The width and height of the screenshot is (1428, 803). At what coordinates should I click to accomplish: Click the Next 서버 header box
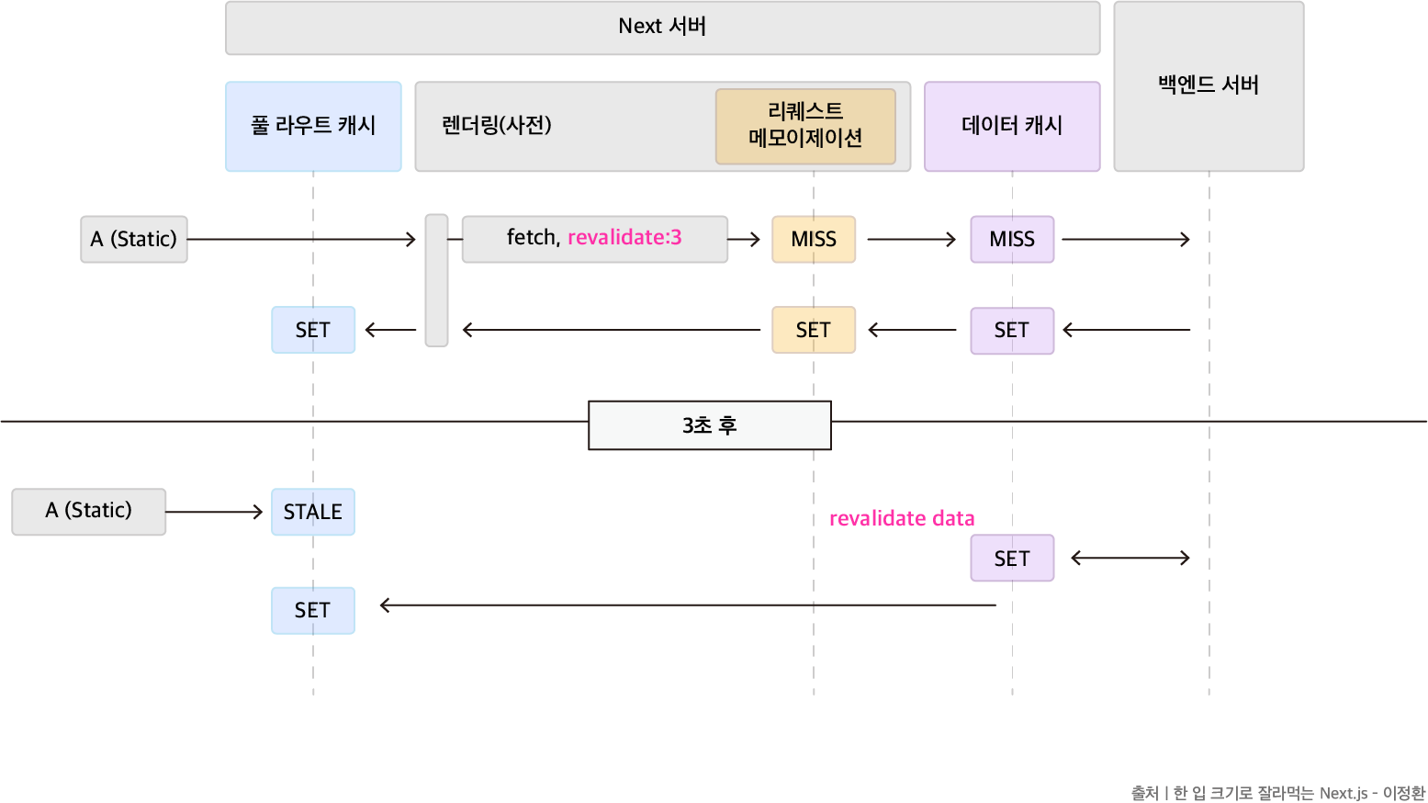click(x=662, y=28)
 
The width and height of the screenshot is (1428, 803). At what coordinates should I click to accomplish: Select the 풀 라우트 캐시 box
click(x=313, y=126)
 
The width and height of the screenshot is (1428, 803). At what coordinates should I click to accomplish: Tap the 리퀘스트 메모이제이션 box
click(x=805, y=126)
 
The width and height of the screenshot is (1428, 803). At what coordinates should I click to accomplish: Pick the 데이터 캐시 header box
click(x=1012, y=126)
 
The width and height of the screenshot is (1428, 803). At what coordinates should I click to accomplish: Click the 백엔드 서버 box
click(x=1209, y=86)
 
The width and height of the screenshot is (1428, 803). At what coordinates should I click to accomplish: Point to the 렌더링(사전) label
click(x=497, y=125)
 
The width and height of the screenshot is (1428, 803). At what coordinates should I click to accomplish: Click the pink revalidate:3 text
click(x=624, y=238)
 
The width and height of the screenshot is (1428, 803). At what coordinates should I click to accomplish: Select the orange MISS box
click(x=814, y=239)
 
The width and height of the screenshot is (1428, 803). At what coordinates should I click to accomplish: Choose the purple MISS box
click(x=1012, y=239)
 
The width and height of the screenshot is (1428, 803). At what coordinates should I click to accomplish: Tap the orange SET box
click(x=814, y=330)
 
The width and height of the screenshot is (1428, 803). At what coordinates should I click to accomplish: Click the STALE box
click(x=313, y=512)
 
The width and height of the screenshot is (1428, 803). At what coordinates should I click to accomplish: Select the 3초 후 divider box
click(x=709, y=425)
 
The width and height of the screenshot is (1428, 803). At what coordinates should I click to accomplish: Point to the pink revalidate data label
click(x=902, y=519)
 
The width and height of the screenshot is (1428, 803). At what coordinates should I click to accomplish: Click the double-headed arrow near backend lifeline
click(x=1130, y=558)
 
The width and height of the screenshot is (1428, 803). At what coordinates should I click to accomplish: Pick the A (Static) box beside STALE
click(x=89, y=511)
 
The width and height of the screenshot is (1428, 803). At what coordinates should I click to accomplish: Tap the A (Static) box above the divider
click(x=134, y=239)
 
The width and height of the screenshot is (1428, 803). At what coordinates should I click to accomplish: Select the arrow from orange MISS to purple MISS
click(x=912, y=239)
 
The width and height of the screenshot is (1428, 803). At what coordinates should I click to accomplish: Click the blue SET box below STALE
click(x=313, y=610)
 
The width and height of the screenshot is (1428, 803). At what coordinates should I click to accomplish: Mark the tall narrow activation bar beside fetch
click(x=436, y=280)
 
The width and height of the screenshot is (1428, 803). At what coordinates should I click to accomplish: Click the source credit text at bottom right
click(x=1277, y=793)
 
